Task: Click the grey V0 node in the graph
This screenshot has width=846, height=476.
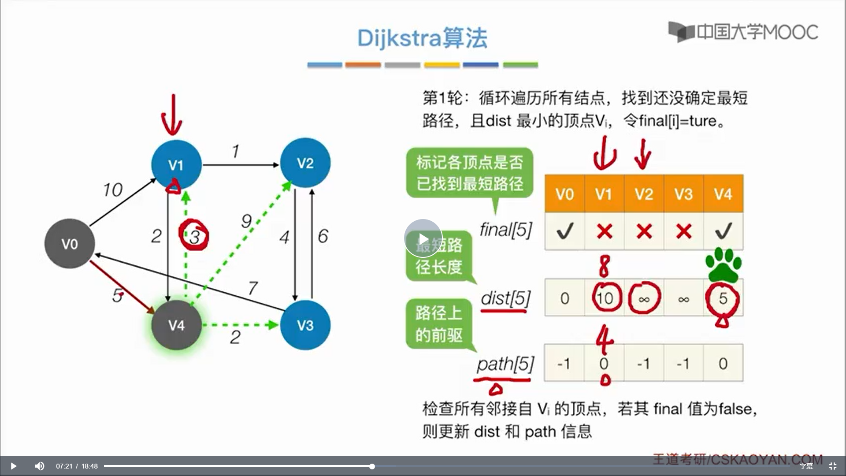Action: click(x=70, y=244)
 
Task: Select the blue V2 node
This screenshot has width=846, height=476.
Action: click(x=305, y=163)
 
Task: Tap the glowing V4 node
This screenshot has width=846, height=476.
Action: click(x=176, y=325)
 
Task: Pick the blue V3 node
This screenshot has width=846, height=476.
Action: click(x=305, y=325)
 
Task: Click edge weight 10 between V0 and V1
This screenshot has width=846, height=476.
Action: click(x=112, y=190)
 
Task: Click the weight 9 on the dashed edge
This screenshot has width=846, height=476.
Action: click(x=246, y=221)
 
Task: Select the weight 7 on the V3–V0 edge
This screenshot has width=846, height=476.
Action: click(x=252, y=288)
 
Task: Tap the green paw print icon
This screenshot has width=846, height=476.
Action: click(x=723, y=265)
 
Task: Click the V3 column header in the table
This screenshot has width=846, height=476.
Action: click(x=683, y=194)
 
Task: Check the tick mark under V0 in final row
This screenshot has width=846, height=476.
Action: click(x=564, y=231)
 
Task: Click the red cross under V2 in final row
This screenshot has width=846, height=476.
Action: click(x=644, y=231)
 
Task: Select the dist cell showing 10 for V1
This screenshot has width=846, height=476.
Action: click(x=605, y=298)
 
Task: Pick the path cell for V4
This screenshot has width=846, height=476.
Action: click(x=723, y=364)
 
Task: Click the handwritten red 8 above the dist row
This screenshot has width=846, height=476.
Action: click(x=604, y=266)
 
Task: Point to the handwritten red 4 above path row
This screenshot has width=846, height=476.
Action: click(x=604, y=339)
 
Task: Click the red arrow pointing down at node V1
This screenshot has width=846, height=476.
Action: click(x=172, y=115)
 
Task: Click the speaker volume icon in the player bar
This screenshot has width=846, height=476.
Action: click(x=40, y=466)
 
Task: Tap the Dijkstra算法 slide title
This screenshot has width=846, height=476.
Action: click(x=422, y=38)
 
